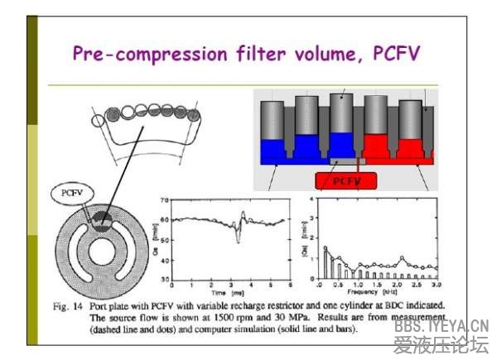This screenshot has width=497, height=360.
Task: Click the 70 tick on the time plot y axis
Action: pyautogui.click(x=163, y=200)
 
